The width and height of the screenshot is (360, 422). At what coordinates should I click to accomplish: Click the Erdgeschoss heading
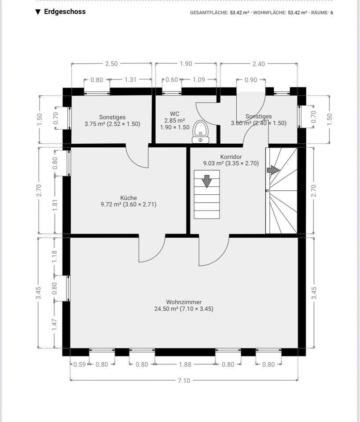click(65, 11)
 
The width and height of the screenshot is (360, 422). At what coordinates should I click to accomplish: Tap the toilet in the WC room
click(201, 132)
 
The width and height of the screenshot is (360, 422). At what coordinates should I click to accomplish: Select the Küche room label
click(129, 198)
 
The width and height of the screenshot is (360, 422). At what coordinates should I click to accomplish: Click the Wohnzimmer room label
click(184, 302)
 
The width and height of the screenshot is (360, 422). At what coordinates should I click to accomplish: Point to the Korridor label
click(231, 156)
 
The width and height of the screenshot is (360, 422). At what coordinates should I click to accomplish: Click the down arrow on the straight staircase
click(207, 181)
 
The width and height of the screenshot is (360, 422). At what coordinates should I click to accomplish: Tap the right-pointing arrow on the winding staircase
click(273, 170)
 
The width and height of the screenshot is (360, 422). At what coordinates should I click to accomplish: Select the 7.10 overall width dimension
click(184, 381)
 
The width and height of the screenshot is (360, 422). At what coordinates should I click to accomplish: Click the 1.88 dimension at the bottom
click(185, 364)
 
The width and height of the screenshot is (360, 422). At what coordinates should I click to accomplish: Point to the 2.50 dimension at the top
click(111, 64)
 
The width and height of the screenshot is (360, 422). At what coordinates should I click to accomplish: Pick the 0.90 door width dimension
click(250, 80)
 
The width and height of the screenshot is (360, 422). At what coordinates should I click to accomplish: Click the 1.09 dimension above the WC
click(199, 80)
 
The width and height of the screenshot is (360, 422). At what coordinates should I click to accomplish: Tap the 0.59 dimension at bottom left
click(80, 364)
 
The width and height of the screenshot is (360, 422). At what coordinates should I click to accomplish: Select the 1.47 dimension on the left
click(55, 325)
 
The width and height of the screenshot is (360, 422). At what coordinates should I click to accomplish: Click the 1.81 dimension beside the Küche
click(55, 205)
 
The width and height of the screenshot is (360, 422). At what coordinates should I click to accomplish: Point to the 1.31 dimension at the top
click(130, 80)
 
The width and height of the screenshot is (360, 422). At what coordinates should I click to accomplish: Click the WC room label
click(175, 114)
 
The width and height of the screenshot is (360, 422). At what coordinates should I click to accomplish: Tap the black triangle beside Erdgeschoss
click(38, 12)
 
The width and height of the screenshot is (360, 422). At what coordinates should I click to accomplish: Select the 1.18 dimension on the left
click(55, 256)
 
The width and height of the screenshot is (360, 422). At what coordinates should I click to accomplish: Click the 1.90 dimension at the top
click(186, 64)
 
